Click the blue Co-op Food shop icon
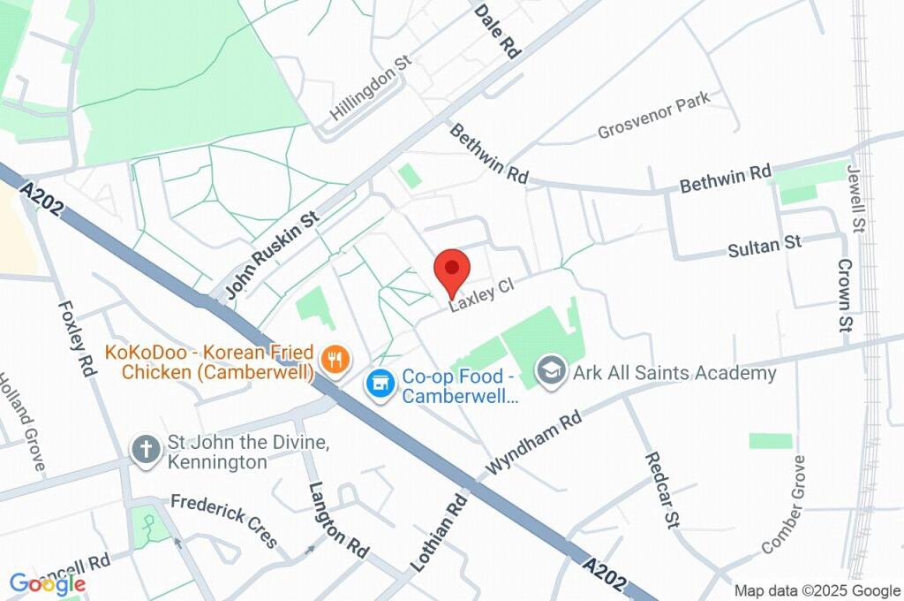coord(380,383)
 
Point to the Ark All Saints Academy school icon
coord(552,371)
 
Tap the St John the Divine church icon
coord(143,449)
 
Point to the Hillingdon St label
coord(372,89)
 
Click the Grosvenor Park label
coord(654,118)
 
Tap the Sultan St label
coord(764,246)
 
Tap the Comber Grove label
coord(784,505)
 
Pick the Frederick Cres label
coord(224,521)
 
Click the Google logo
coord(48,583)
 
